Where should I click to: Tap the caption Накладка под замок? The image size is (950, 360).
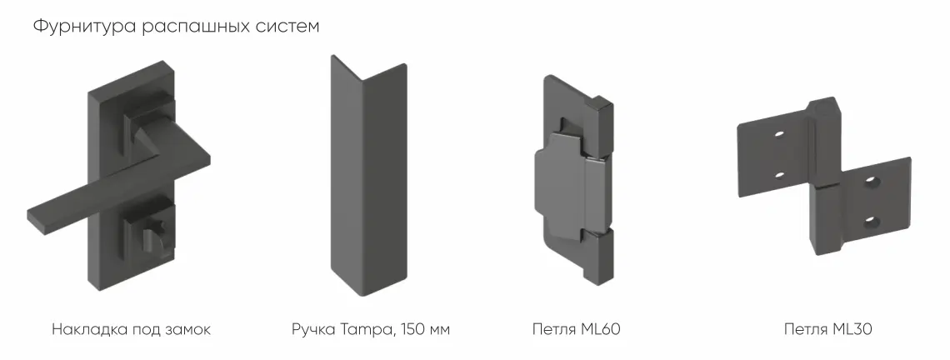[131, 330]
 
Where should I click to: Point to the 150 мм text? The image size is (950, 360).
[426, 330]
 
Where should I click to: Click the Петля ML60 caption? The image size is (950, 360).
[576, 330]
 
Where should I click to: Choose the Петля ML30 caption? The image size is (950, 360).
[827, 330]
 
